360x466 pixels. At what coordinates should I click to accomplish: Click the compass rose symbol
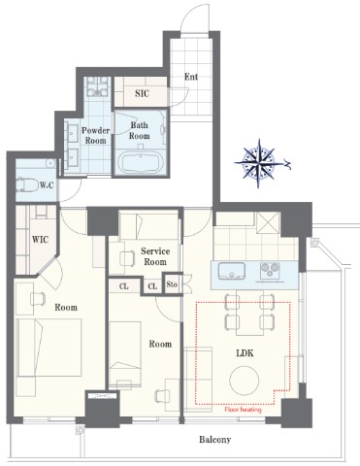pos(258,163)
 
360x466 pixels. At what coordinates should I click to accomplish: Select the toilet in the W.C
pos(27,184)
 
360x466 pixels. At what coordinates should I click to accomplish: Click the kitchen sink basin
pos(232,271)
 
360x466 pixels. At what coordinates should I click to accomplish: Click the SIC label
pos(142,93)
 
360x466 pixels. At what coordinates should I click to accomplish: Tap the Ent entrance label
pos(191,77)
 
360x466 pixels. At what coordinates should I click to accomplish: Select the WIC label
pos(40,240)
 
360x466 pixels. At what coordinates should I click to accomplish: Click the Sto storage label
pos(172,284)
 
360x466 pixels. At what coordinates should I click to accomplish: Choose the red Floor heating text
pos(243,410)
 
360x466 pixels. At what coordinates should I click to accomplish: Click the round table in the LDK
pos(245,381)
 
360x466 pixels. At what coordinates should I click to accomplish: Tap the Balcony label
pos(214,440)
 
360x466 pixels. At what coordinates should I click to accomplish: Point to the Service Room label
pos(155,256)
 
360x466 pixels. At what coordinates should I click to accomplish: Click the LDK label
pos(245,353)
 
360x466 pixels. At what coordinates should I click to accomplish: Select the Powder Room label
pos(95,136)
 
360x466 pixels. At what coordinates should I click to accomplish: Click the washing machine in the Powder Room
pos(97,86)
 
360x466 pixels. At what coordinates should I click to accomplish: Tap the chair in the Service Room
pos(127,258)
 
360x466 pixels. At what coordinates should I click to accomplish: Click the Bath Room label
pos(140,130)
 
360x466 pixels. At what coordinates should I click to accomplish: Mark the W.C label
pos(47,185)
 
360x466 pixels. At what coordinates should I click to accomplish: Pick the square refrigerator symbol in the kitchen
pos(268,222)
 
